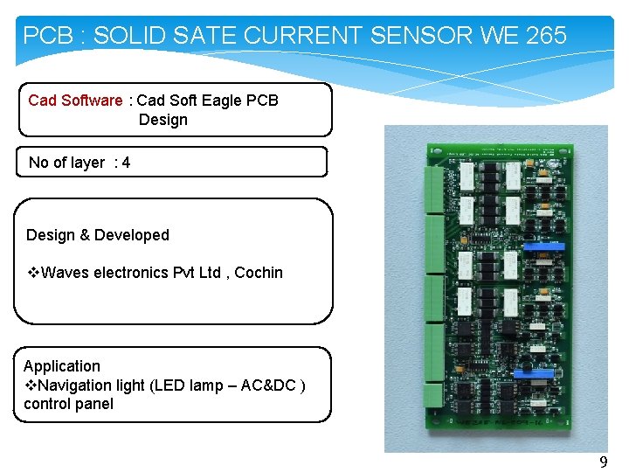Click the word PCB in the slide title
42,36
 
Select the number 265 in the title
547,36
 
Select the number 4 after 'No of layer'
127,163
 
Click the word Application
62,366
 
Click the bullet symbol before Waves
31,273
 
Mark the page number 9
603,462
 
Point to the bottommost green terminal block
433,392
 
